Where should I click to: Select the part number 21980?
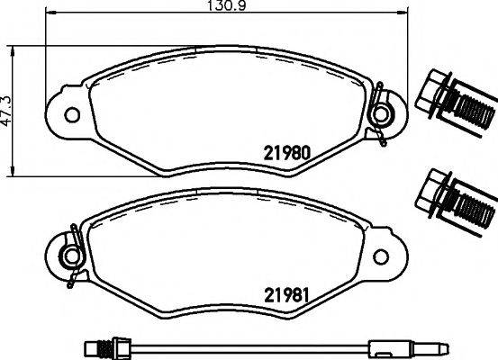tap(286, 152)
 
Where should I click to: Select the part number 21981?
tap(286, 292)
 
